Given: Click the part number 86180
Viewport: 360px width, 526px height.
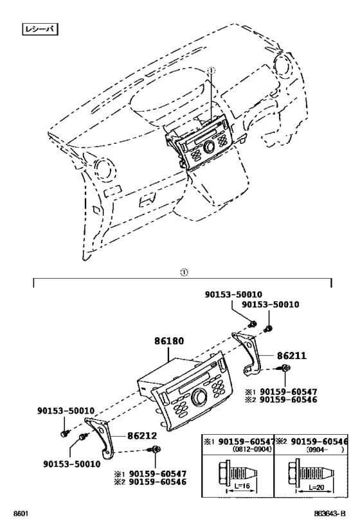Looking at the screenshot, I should coord(169,342).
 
